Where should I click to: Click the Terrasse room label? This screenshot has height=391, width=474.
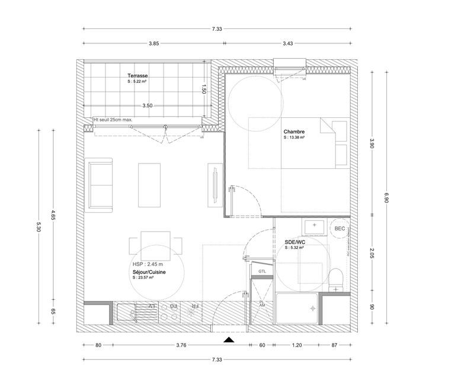point(137,76)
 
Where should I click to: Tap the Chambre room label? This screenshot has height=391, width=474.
point(294,132)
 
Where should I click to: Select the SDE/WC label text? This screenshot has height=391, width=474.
point(294,242)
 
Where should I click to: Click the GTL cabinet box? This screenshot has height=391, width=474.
point(262,271)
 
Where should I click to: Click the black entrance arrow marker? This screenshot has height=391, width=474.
point(229,339)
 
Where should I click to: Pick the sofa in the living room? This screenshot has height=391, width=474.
point(101,184)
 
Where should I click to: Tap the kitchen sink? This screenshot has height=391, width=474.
point(126,312)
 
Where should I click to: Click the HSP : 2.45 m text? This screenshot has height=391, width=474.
point(147,264)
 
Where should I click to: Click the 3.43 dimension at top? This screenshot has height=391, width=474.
point(288,43)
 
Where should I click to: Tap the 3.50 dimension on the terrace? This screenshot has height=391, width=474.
point(148,105)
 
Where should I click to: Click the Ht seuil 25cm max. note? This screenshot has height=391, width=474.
point(113,119)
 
